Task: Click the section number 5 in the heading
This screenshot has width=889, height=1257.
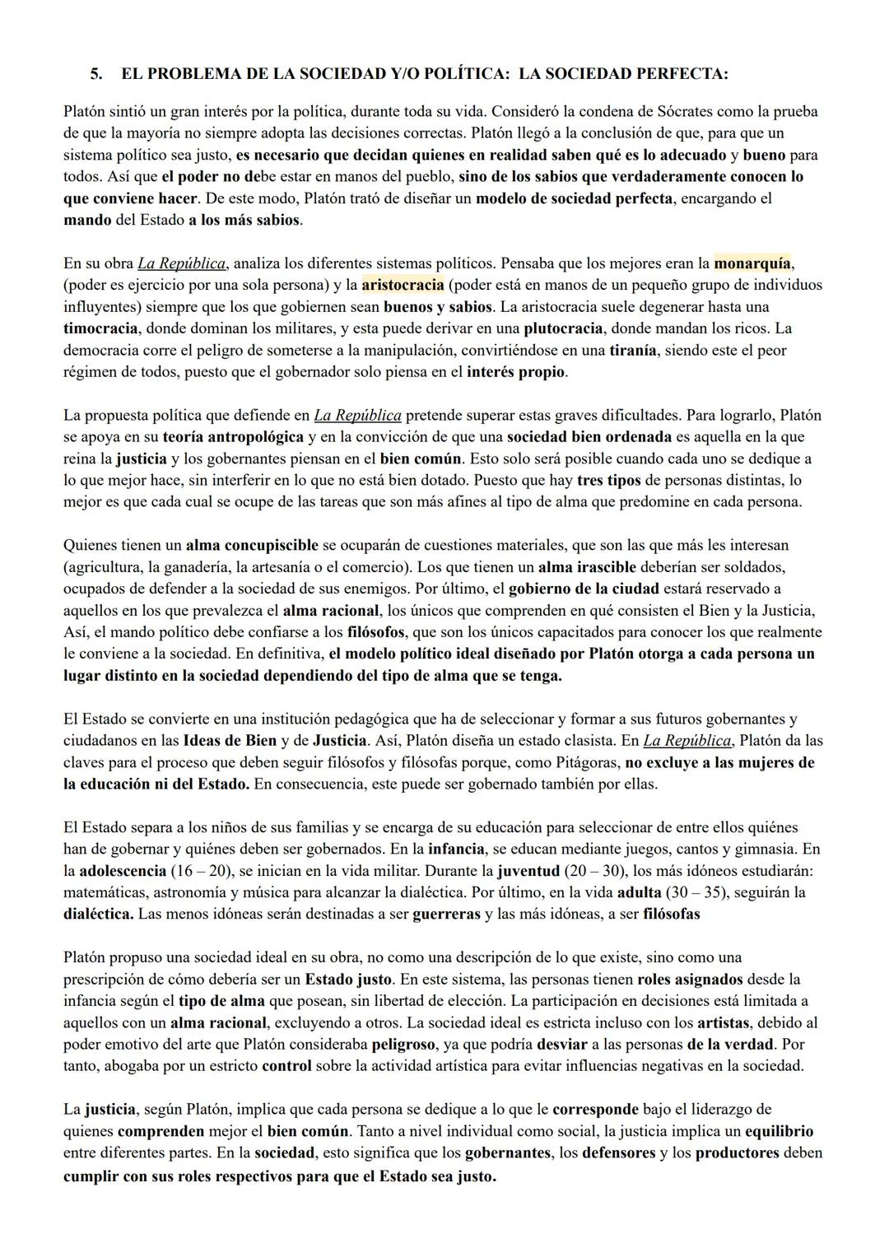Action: point(95,74)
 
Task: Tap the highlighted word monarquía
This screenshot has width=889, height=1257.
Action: point(752,263)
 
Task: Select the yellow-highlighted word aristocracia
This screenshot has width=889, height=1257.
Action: point(403,285)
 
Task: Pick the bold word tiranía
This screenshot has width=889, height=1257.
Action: point(632,350)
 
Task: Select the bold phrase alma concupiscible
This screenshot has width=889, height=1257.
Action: point(252,545)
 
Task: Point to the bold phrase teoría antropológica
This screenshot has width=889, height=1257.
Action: point(233,436)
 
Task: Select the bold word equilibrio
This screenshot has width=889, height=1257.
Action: point(779,1131)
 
